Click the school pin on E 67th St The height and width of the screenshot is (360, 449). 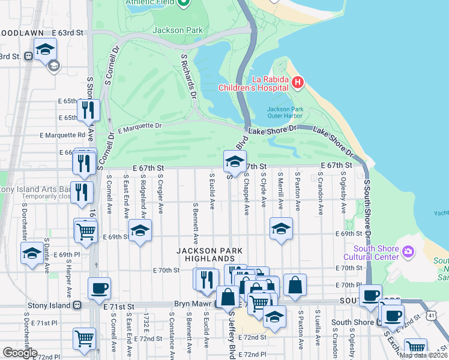pyautogui.click(x=235, y=160)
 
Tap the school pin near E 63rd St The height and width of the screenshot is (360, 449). pyautogui.click(x=45, y=49)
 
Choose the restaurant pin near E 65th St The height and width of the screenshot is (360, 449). pyautogui.click(x=89, y=110)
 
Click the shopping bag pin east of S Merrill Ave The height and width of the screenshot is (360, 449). pyautogui.click(x=295, y=286)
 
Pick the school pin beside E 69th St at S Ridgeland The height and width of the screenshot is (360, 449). pyautogui.click(x=140, y=231)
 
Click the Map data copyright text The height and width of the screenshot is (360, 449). pyautogui.click(x=423, y=355)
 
